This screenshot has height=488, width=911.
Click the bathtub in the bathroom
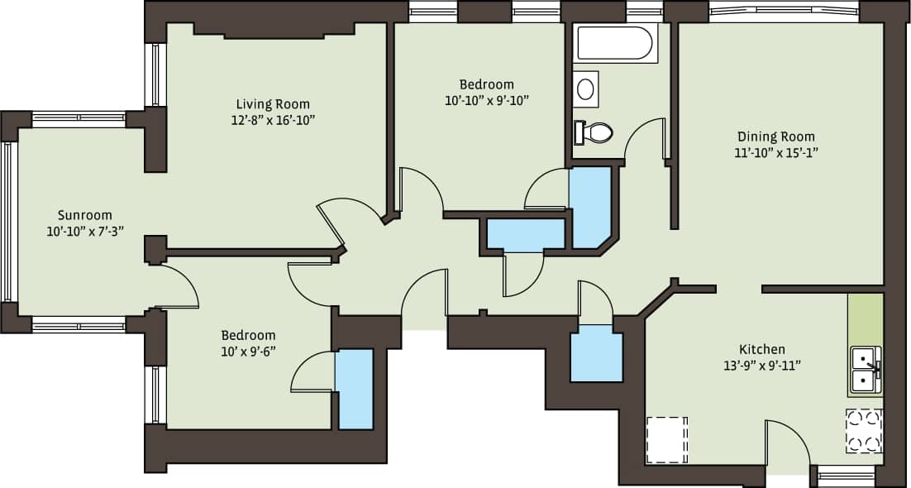(x=616, y=43)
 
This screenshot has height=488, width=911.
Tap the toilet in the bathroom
(x=595, y=132)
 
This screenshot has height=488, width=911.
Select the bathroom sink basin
(x=586, y=89)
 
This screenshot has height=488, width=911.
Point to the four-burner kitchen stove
(x=864, y=431)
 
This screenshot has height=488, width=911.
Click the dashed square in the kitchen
(x=666, y=439)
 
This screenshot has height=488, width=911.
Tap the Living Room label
(x=273, y=104)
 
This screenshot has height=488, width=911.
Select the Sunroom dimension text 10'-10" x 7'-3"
(x=85, y=231)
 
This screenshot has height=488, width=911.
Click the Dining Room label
(x=776, y=136)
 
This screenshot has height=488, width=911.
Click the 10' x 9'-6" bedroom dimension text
(x=248, y=351)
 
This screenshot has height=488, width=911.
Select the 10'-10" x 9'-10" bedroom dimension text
(x=486, y=100)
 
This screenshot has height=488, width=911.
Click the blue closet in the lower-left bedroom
(x=355, y=389)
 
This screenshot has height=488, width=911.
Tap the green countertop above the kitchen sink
(x=865, y=318)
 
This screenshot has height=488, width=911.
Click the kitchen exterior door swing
(x=786, y=443)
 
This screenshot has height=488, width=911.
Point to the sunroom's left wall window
(x=9, y=223)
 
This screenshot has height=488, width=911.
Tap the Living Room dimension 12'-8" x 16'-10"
(x=273, y=120)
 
